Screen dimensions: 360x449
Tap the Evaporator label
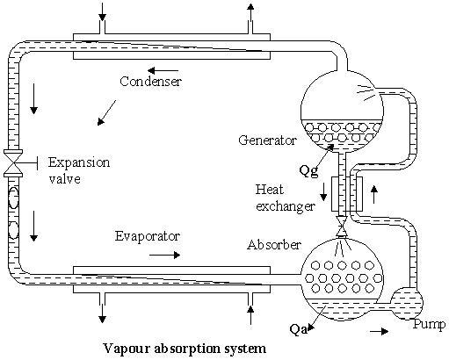click(x=148, y=237)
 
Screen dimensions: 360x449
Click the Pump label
click(x=426, y=325)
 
